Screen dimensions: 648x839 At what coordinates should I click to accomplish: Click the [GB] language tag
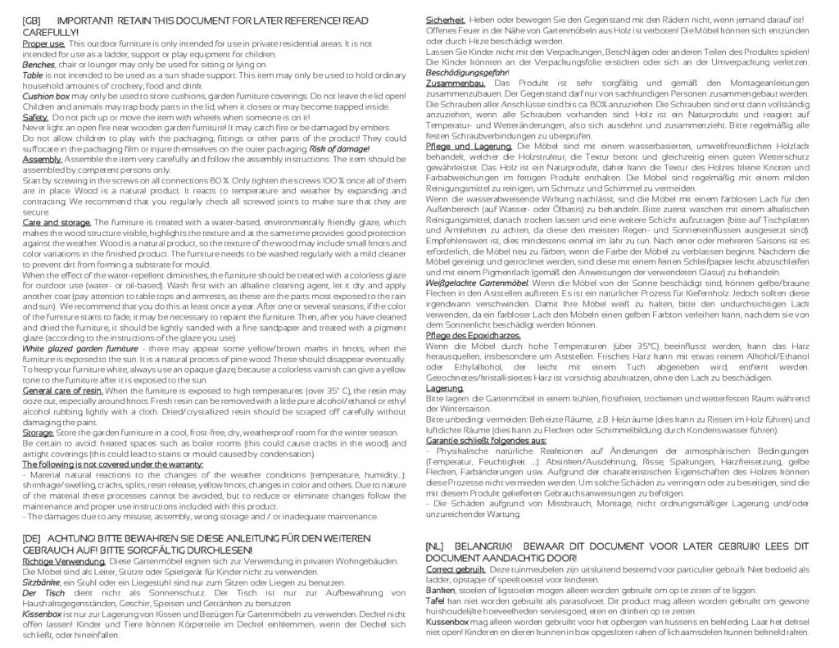(x=34, y=19)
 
